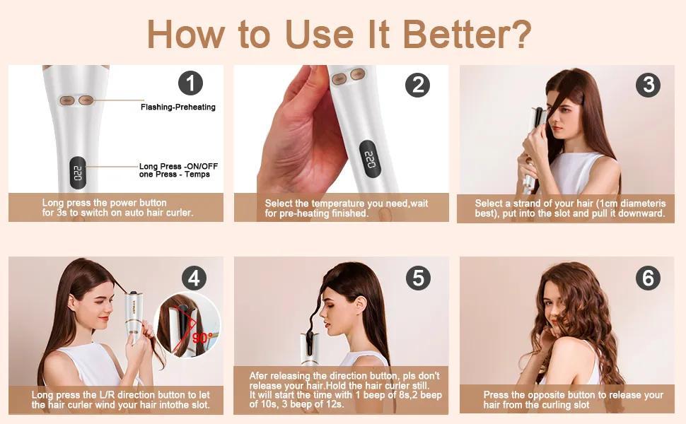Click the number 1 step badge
(190, 83)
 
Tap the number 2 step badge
(418, 84)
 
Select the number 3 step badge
(649, 84)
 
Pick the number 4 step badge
(194, 278)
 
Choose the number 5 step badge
(418, 278)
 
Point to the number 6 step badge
(648, 278)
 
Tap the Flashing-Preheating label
(178, 107)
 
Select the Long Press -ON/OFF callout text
(178, 166)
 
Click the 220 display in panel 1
(77, 172)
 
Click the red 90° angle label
(202, 338)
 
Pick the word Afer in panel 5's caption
(258, 376)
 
